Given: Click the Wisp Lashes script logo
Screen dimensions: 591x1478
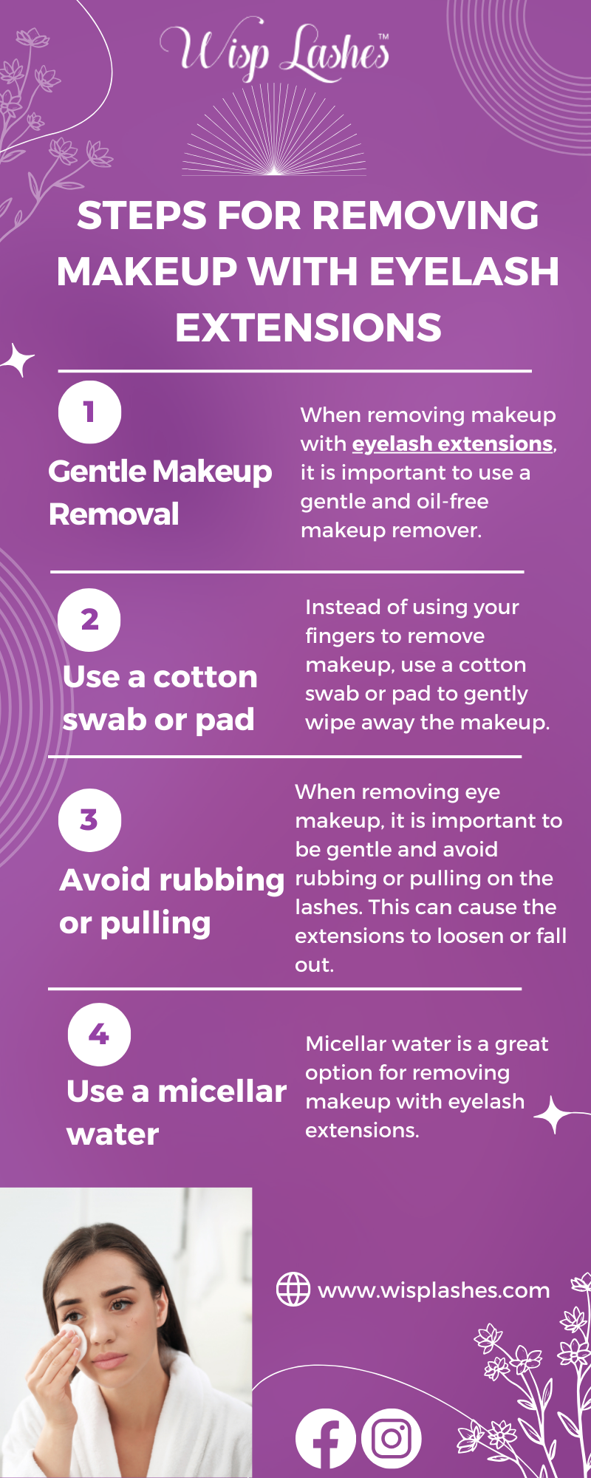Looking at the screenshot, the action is (x=275, y=50).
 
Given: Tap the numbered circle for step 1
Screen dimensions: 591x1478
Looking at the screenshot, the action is (x=89, y=412).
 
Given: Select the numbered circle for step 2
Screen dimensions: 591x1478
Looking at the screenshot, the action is (x=89, y=619).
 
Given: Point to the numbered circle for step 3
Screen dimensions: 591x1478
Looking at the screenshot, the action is (x=89, y=820).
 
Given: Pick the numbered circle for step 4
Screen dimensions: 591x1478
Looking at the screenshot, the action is (x=99, y=1035).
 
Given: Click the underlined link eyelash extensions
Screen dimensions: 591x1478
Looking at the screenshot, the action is (x=452, y=443).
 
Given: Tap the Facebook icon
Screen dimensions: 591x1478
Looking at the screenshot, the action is (x=325, y=1438).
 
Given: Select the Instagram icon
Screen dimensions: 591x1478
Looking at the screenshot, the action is (x=392, y=1438).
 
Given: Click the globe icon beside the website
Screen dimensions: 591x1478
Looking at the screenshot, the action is (x=293, y=1290).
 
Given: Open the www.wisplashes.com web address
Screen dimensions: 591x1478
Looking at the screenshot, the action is (x=434, y=1290).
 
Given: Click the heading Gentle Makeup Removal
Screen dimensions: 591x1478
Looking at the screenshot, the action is (x=160, y=492).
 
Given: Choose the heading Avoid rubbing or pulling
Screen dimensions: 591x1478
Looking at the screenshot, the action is (x=172, y=902).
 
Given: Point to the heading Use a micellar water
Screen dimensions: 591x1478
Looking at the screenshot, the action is (x=177, y=1113).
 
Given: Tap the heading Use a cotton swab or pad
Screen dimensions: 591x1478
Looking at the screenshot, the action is (x=160, y=698).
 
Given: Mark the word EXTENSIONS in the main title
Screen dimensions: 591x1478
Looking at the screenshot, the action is (x=309, y=327).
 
